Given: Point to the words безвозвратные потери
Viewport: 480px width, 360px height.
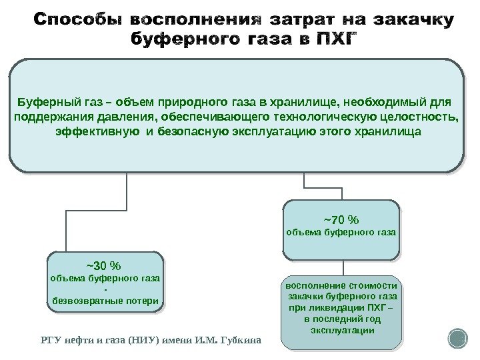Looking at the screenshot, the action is [105, 301].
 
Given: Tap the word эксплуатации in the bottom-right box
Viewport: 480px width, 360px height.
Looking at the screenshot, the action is [341, 330].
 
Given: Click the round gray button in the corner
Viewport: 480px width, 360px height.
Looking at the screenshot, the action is [458, 339].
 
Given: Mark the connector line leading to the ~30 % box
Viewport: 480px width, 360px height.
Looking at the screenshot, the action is [65, 220].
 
